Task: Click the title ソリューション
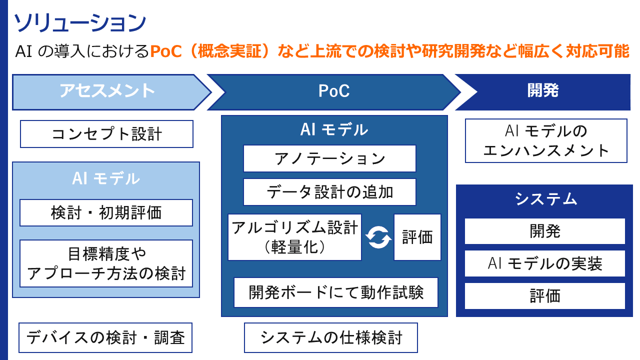pyautogui.click(x=79, y=23)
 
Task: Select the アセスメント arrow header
pyautogui.click(x=107, y=91)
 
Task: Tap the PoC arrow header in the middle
pyautogui.click(x=333, y=91)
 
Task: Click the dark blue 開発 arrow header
pyautogui.click(x=543, y=91)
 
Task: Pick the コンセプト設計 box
pyautogui.click(x=106, y=134)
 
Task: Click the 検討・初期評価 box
pyautogui.click(x=106, y=213)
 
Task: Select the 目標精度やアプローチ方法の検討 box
pyautogui.click(x=106, y=263)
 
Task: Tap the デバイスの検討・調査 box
pyautogui.click(x=105, y=338)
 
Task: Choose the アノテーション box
pyautogui.click(x=329, y=158)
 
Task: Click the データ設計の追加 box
pyautogui.click(x=329, y=192)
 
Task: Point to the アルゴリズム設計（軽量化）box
pyautogui.click(x=294, y=237)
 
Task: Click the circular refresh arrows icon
pyautogui.click(x=378, y=237)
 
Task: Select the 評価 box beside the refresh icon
pyautogui.click(x=417, y=237)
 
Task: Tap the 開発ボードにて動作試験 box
pyautogui.click(x=336, y=292)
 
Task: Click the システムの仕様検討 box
pyautogui.click(x=330, y=338)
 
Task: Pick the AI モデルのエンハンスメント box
pyautogui.click(x=546, y=140)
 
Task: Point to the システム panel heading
pyautogui.click(x=545, y=199)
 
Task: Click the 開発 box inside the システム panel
pyautogui.click(x=545, y=231)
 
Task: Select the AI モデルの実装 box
pyautogui.click(x=545, y=263)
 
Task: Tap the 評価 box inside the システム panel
pyautogui.click(x=545, y=296)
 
